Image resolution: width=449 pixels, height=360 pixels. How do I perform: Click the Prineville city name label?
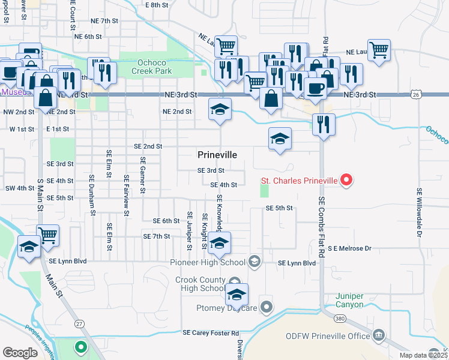(217, 155)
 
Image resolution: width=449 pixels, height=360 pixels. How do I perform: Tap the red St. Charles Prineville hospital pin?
(346, 179)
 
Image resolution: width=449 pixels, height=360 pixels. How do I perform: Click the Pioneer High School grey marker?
(255, 261)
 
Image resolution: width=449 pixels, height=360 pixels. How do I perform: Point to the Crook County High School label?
(200, 284)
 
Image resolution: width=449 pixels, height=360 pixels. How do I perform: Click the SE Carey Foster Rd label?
(211, 332)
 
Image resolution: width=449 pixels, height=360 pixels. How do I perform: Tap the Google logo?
(20, 352)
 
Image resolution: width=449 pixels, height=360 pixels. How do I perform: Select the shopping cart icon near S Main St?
(47, 235)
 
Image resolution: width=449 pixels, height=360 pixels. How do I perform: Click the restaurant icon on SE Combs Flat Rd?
(324, 124)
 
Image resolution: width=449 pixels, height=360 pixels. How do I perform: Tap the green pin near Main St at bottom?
(80, 347)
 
